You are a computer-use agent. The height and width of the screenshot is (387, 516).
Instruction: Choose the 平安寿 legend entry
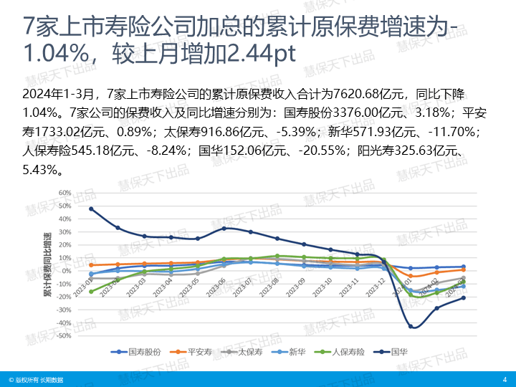(x=194, y=352)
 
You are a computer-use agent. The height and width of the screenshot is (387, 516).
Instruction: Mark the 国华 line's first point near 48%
(x=91, y=209)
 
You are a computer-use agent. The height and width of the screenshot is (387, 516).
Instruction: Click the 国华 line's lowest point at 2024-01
(x=411, y=326)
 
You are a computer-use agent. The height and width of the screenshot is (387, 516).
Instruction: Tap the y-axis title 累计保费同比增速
(x=47, y=265)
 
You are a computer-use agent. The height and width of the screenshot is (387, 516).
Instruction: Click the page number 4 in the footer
(x=505, y=379)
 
